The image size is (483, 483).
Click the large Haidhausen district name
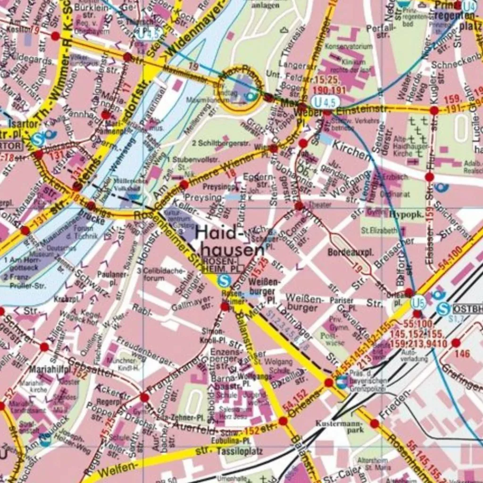230,241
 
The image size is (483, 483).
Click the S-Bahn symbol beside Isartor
38,139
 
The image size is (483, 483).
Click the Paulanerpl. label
107,278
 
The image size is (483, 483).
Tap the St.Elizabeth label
379,231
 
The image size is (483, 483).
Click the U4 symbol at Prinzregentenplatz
469,7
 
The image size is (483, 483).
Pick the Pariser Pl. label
341,304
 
